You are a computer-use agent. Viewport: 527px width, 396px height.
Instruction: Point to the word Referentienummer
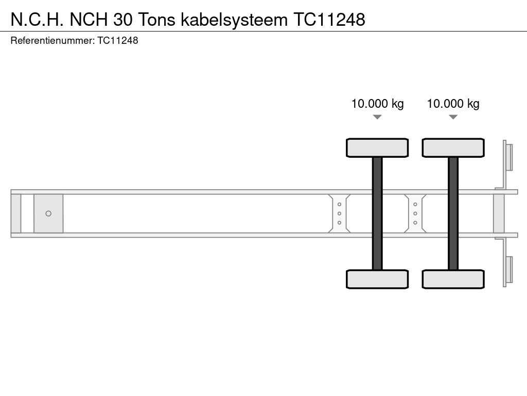pos(52,40)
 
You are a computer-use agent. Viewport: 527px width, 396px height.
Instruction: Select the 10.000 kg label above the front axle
pos(377,104)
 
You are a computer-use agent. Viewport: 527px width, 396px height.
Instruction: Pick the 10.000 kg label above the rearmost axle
pos(453,104)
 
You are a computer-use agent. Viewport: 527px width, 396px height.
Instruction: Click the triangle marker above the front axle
pos(377,117)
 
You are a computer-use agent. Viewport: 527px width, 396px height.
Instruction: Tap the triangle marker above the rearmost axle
pos(453,117)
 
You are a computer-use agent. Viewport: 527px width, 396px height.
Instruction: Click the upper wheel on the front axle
pos(377,147)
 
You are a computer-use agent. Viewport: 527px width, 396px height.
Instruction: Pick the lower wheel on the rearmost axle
pos(453,279)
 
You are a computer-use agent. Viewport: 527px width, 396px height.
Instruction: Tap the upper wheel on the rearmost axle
pos(453,147)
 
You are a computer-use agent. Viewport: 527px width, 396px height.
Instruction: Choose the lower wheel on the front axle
pos(377,279)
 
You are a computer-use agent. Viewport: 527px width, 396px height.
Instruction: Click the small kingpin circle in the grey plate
pos(48,213)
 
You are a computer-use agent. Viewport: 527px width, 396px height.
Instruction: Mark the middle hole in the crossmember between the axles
pos(415,213)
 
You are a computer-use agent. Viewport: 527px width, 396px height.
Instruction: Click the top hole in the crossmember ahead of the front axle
pos(339,204)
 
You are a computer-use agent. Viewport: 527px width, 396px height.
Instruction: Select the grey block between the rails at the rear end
pos(499,213)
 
